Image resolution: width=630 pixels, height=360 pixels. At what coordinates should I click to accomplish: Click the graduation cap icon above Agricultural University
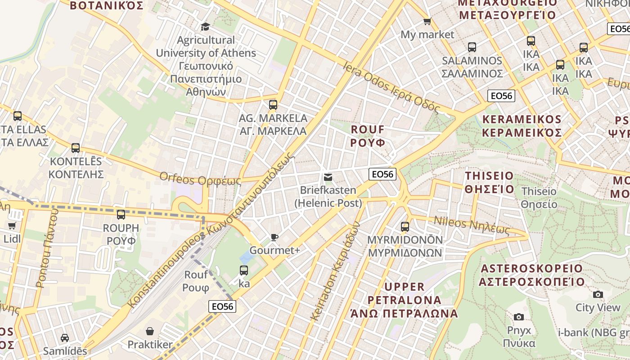tap(205, 27)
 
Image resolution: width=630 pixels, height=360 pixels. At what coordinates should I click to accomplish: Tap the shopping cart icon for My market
tap(427, 21)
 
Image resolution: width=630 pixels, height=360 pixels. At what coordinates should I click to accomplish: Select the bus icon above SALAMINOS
tap(472, 47)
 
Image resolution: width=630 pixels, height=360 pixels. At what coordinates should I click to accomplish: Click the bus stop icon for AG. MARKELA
tap(273, 105)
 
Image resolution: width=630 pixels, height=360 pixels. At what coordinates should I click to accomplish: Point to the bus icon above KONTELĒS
tap(76, 148)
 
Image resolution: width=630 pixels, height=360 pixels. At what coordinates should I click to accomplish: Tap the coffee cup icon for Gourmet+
tap(274, 237)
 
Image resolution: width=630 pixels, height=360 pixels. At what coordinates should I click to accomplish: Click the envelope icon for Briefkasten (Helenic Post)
tap(328, 177)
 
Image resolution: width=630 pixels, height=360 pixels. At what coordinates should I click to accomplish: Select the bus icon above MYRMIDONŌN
tap(405, 226)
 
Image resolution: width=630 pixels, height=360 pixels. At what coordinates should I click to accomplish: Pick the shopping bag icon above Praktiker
tap(150, 331)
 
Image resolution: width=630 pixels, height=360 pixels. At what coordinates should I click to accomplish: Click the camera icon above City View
tap(598, 294)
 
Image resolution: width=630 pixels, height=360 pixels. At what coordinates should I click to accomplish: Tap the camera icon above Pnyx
tap(518, 317)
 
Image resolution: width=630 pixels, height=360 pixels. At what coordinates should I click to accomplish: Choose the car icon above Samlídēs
tap(65, 337)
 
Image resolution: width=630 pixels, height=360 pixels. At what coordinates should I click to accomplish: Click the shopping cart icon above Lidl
tap(12, 225)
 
